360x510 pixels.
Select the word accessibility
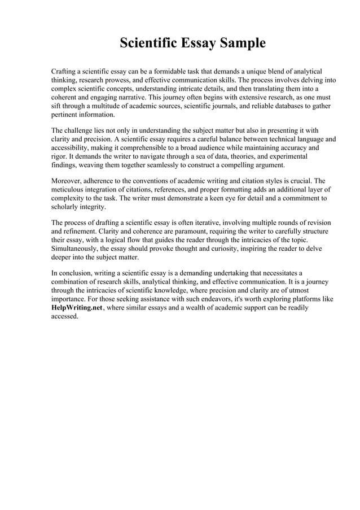click(x=72, y=148)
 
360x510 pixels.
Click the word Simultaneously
click(x=75, y=249)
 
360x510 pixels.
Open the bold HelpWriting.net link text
click(x=77, y=308)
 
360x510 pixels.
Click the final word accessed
click(x=65, y=316)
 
